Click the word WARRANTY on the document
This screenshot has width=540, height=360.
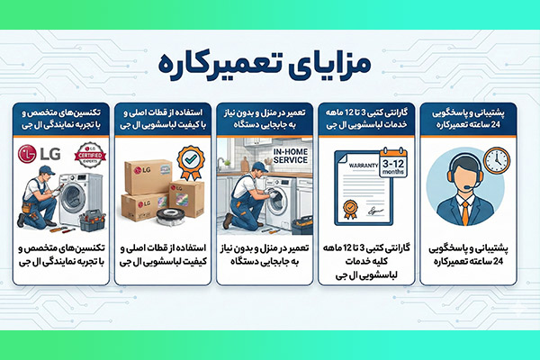354,166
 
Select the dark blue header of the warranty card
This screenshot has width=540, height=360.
370,118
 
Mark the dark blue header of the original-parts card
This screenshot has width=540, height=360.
166,118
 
